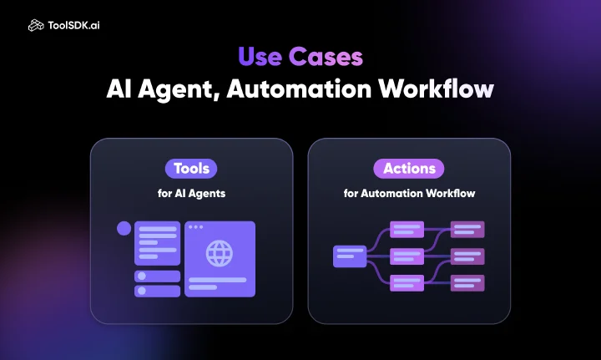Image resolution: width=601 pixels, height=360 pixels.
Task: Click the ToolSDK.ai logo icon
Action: [36, 25]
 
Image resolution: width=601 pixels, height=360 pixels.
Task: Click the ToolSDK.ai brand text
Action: [73, 25]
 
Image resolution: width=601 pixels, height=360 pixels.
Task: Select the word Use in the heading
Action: [260, 57]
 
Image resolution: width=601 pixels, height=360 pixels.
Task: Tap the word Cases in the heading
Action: [326, 57]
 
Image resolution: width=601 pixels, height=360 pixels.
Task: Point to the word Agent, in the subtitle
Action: [179, 89]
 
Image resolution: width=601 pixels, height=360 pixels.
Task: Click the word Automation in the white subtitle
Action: [299, 89]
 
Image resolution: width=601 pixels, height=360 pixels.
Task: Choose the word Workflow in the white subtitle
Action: [437, 89]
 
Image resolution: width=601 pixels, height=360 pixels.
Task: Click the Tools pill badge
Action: [191, 169]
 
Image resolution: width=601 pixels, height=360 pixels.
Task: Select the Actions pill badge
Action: [409, 169]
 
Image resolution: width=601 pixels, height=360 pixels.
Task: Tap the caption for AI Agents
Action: [191, 193]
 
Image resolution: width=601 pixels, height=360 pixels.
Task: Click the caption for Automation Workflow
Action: [409, 193]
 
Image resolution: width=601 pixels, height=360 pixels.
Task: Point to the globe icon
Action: [220, 253]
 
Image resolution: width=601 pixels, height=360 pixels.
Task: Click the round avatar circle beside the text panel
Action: [124, 229]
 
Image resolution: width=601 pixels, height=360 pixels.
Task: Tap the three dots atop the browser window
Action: [196, 227]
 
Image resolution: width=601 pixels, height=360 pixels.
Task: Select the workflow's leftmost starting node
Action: [350, 256]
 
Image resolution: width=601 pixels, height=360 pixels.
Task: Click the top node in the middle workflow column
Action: [407, 229]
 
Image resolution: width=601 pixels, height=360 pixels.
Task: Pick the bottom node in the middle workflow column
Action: [407, 283]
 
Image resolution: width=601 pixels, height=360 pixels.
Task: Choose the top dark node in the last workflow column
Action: [467, 229]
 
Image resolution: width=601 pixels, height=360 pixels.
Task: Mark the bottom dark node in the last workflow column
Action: [467, 283]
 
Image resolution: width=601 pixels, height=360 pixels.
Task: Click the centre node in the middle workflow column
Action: [407, 256]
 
